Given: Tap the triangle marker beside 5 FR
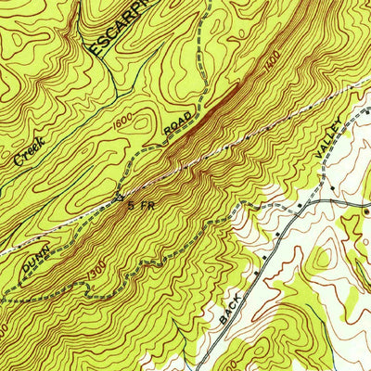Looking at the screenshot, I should point(119,198).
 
